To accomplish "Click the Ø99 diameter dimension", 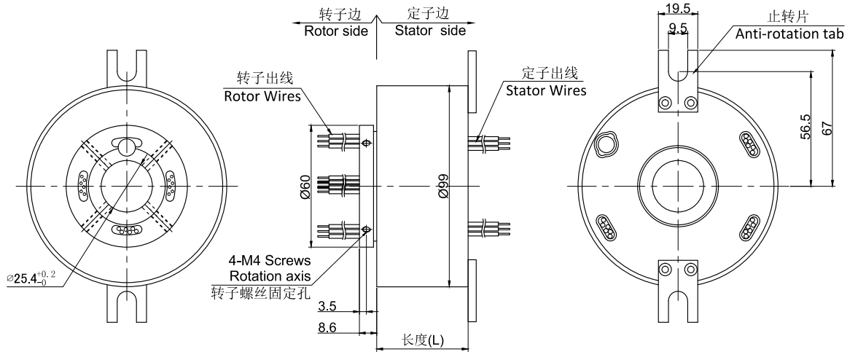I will (x=441, y=185).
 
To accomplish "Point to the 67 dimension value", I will (x=826, y=128).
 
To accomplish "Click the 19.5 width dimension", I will (x=679, y=8).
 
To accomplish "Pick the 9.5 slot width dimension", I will (x=679, y=29).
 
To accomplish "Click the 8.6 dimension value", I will (x=327, y=329).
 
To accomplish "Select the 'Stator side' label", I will (x=430, y=31).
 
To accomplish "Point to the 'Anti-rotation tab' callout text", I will (x=789, y=34).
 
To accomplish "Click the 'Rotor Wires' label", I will (x=262, y=96).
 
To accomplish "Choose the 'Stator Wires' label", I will (x=546, y=91).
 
